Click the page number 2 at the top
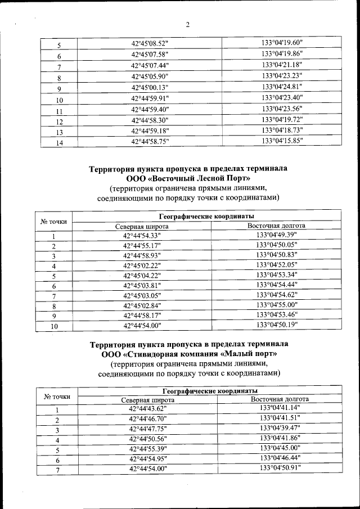click(x=188, y=25)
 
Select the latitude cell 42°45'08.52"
click(x=149, y=44)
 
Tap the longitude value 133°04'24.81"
click(x=282, y=87)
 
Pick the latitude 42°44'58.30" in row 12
click(x=149, y=120)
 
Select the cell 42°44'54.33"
click(x=142, y=236)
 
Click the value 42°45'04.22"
click(x=142, y=276)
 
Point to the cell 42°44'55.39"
click(x=148, y=448)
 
